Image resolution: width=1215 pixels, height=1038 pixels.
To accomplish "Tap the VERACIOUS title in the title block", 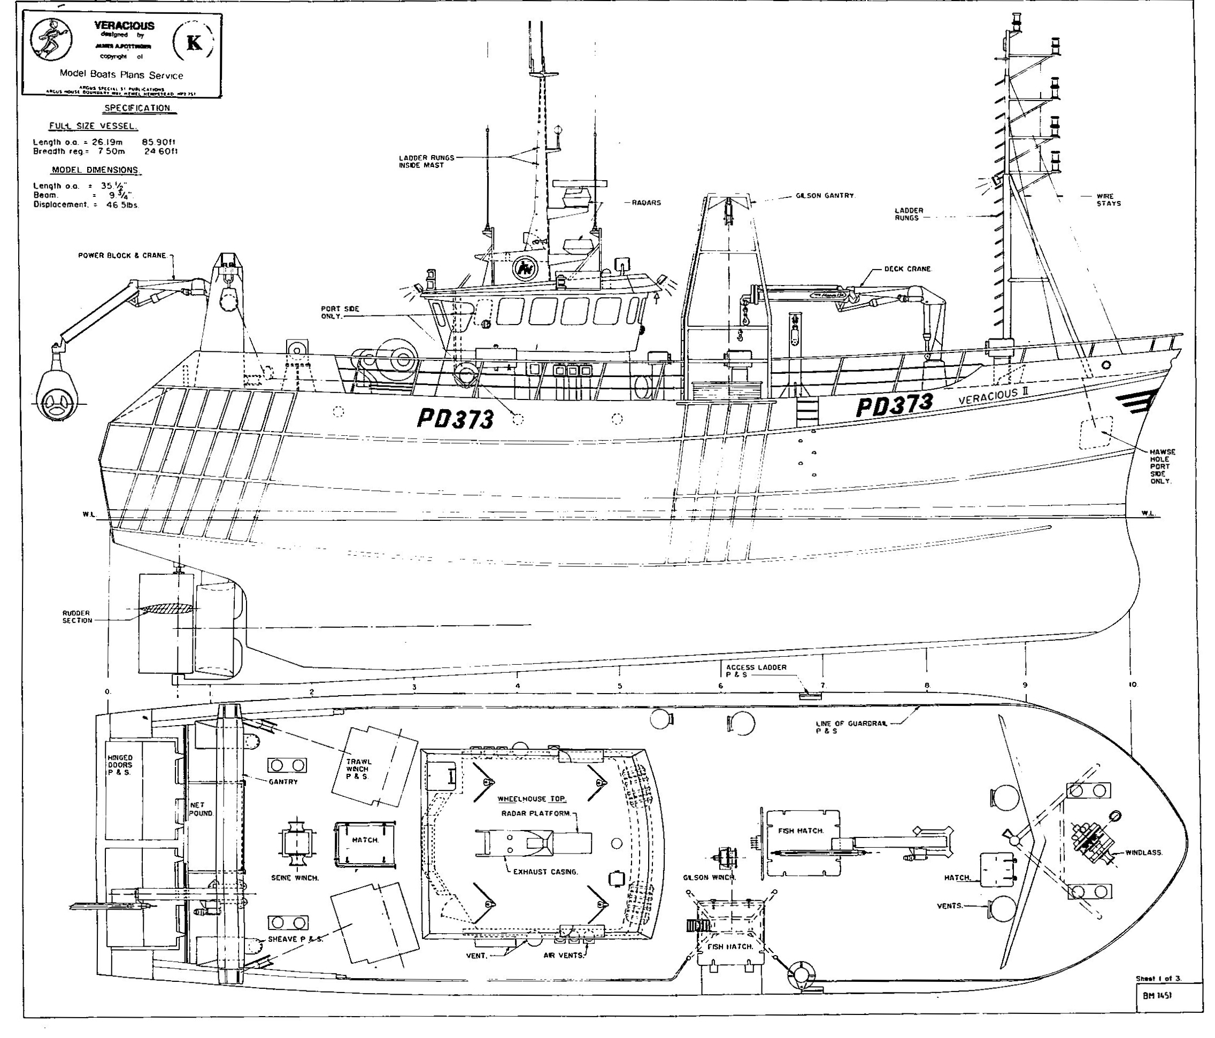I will (x=124, y=26).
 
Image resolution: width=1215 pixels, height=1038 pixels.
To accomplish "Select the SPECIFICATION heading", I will (x=137, y=108).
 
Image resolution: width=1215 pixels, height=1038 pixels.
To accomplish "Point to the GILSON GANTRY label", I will (x=825, y=196).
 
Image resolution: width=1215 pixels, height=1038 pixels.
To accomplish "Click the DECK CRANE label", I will (x=908, y=269).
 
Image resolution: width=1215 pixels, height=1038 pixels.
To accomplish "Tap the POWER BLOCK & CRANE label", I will (x=122, y=256).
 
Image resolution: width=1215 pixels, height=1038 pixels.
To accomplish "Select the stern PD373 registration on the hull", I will (x=455, y=419).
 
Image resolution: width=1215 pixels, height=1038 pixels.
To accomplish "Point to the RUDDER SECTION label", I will (x=78, y=617).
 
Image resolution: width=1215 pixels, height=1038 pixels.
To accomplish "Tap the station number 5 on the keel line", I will (x=620, y=686).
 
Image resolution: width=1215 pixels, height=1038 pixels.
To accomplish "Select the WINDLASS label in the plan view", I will (x=1143, y=852).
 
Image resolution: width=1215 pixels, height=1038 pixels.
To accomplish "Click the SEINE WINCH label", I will (x=295, y=878).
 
